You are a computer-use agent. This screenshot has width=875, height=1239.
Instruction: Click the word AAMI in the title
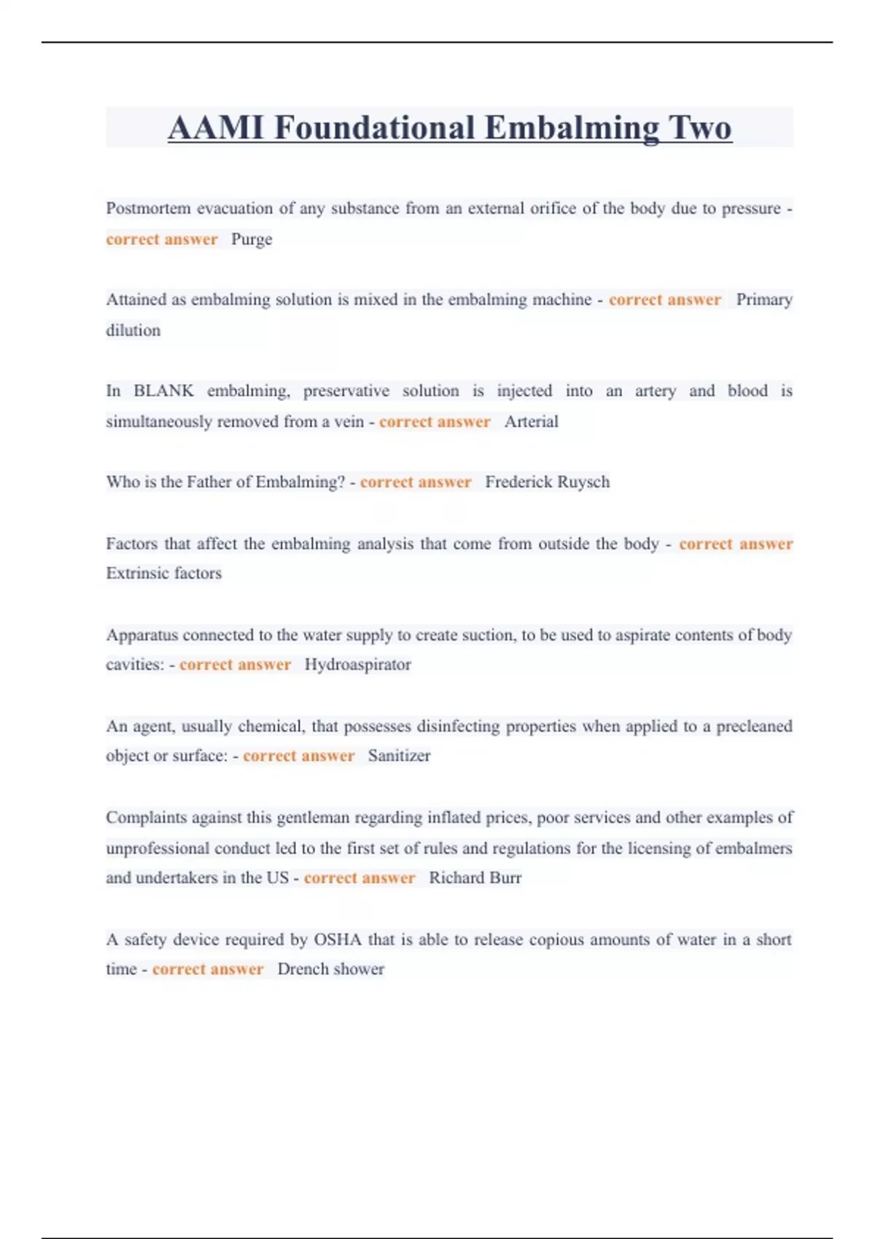coord(215,128)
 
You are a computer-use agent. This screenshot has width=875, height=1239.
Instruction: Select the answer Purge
coord(252,240)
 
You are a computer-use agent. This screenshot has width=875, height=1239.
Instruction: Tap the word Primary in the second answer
coord(763,300)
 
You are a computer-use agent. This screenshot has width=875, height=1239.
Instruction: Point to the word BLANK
coord(163,391)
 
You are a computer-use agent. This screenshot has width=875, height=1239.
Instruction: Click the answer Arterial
coord(531,422)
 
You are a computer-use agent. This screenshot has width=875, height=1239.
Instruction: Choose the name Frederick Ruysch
coord(547,482)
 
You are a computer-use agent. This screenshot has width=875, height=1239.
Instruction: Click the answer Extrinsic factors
coord(163,574)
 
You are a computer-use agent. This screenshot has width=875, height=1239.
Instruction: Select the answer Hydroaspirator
coord(357,665)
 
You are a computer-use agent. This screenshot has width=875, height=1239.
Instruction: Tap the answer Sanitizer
coord(399,756)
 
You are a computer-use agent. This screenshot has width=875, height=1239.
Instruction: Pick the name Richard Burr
coord(475,878)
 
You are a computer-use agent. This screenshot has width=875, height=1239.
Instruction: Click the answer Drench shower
coord(330,969)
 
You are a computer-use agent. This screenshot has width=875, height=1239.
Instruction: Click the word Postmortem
coord(148,208)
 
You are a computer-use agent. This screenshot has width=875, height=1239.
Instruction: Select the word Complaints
coord(146,818)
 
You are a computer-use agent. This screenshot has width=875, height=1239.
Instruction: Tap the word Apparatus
coord(141,635)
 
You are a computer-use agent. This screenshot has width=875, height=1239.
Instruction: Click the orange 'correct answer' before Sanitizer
coord(298,756)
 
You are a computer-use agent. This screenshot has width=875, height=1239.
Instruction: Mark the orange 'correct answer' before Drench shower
coord(208,969)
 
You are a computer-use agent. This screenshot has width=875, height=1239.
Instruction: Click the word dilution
coord(133,330)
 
